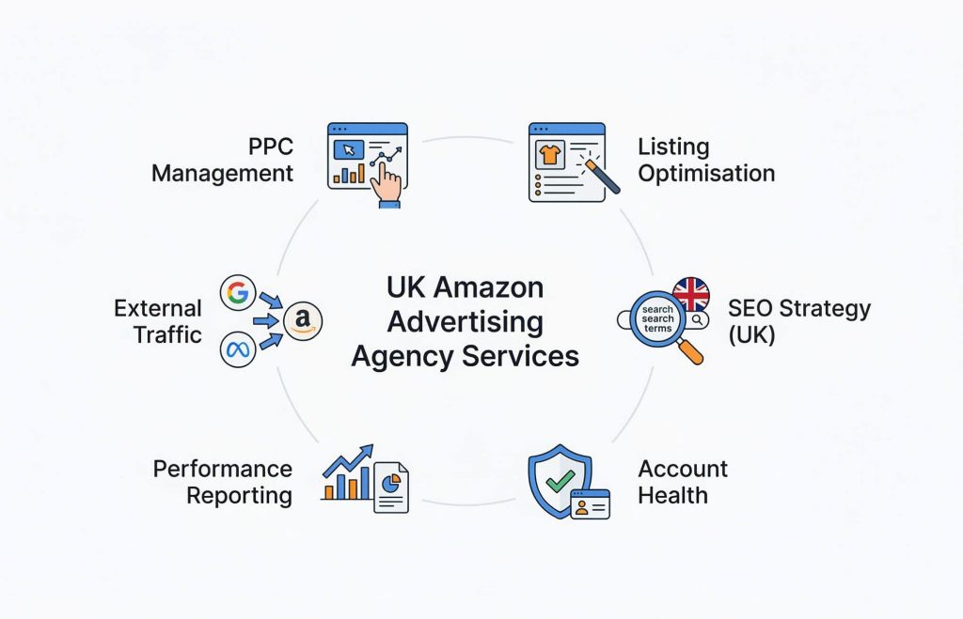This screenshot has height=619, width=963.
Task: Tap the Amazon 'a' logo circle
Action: click(x=302, y=320)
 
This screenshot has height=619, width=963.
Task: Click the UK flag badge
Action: click(x=691, y=295)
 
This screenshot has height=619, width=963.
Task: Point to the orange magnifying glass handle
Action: click(x=689, y=351)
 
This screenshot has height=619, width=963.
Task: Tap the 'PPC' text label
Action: click(x=271, y=147)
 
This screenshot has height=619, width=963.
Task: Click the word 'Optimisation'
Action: click(x=706, y=173)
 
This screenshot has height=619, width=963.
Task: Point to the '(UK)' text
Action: click(x=751, y=334)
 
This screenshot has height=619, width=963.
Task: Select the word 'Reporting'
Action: click(x=239, y=496)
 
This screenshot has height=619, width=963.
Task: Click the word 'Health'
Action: click(x=672, y=495)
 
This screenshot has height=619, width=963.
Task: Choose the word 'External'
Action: click(x=158, y=308)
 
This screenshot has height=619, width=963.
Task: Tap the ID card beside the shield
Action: click(x=591, y=504)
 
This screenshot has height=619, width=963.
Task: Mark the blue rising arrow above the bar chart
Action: click(x=349, y=461)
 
